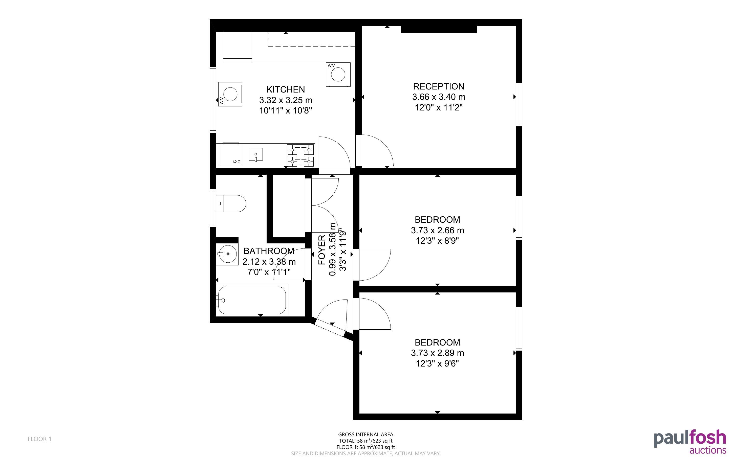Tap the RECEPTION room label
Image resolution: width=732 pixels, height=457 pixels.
coord(438,86)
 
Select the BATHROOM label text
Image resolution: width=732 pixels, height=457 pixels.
coord(269,251)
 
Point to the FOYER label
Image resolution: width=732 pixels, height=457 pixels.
coord(322,250)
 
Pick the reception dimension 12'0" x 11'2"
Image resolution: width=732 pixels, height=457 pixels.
coord(438,107)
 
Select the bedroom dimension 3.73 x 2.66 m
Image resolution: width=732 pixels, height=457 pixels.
coord(437,230)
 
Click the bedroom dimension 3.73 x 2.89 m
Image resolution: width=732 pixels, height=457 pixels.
coord(437,353)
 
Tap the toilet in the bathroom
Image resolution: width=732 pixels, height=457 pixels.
coord(231,203)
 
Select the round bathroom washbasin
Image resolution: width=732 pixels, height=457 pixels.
coord(227,254)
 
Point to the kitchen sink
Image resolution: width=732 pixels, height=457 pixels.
coord(255,154)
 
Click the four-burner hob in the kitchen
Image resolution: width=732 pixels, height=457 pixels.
coord(301,156)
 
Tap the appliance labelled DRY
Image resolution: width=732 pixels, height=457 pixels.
coord(231,154)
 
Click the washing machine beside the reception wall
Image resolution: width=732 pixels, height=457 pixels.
coord(338,74)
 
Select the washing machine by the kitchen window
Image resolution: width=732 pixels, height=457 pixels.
coord(230,94)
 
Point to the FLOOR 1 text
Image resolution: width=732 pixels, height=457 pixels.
coord(40,439)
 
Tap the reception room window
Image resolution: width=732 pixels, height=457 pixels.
coord(519,104)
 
